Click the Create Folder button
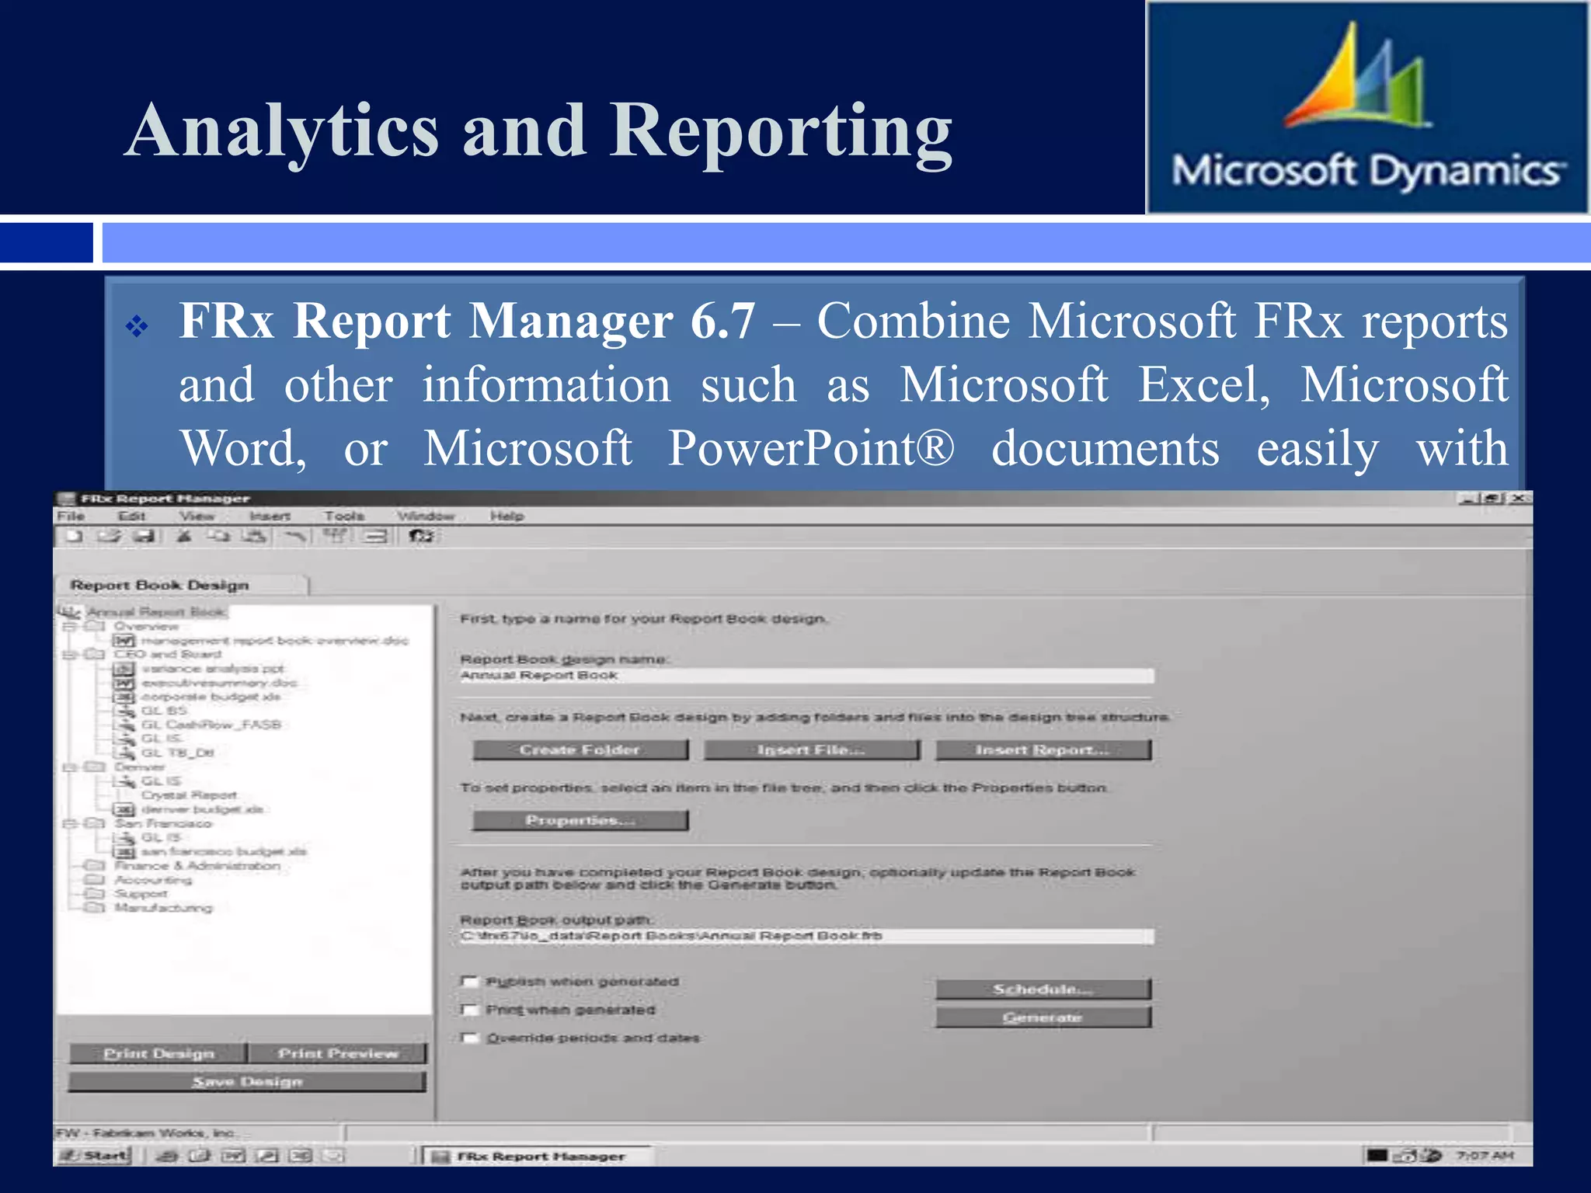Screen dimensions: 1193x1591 tap(580, 750)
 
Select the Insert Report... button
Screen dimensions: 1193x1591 tap(1043, 750)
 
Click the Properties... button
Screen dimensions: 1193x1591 tap(580, 820)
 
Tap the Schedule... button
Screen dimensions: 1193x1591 tap(1043, 989)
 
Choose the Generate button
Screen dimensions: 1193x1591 tap(1043, 1017)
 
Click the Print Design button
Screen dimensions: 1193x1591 tap(158, 1053)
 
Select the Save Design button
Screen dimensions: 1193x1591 tap(247, 1081)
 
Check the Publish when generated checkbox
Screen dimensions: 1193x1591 tap(469, 982)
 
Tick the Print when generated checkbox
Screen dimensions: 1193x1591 tap(469, 1010)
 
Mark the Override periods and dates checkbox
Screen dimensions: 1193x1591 tap(469, 1038)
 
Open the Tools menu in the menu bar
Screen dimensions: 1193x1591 tap(344, 516)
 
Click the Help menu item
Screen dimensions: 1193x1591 tap(507, 516)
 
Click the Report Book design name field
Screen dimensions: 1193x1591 tap(806, 676)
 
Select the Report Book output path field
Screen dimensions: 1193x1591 tap(806, 936)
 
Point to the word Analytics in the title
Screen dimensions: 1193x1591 tap(283, 130)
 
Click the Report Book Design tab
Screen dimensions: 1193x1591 tap(160, 585)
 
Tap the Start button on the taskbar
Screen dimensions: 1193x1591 tap(96, 1156)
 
